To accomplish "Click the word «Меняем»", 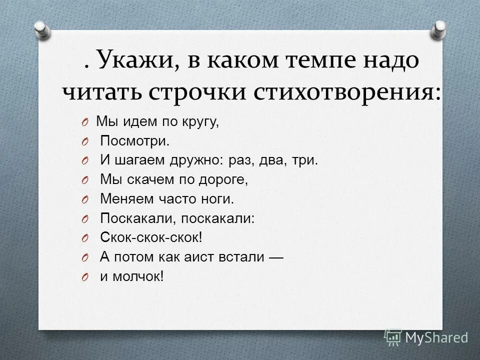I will [125, 199].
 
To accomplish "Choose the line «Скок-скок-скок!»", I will [151, 237].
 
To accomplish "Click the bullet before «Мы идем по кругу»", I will [85, 123].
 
